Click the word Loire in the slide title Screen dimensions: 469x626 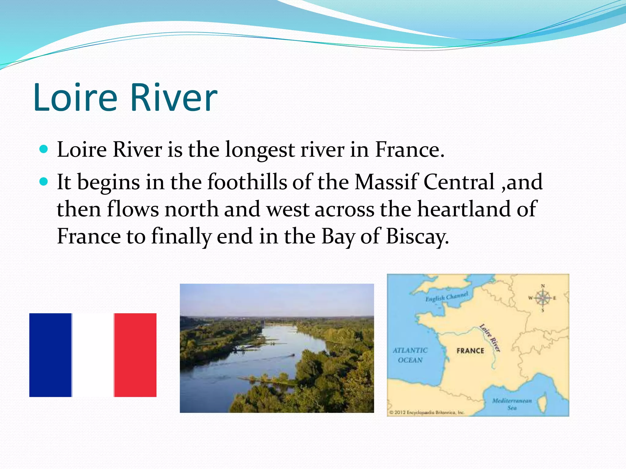[x=75, y=98]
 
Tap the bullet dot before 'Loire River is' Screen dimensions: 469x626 [x=44, y=149]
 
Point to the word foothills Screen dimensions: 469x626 [x=247, y=182]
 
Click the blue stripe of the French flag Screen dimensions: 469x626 [x=50, y=355]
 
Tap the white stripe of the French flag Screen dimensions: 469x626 [x=93, y=355]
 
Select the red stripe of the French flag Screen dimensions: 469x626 [x=135, y=355]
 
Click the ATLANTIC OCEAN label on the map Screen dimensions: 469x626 [x=410, y=355]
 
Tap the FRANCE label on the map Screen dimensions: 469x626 [x=470, y=351]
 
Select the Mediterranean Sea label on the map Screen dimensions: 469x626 [x=512, y=404]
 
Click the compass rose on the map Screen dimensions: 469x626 [x=543, y=298]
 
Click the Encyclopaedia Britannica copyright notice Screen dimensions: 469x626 [x=427, y=413]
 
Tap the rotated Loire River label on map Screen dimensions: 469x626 [x=490, y=338]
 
